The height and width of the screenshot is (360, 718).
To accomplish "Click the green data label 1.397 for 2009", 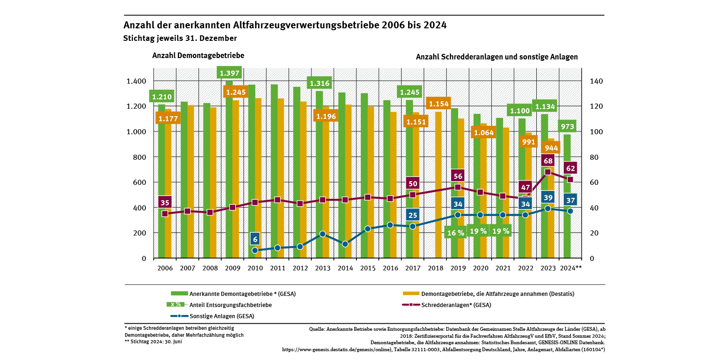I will [229, 73].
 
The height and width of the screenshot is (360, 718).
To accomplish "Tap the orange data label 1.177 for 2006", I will [169, 119].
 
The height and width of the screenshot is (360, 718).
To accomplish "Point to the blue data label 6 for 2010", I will [255, 239].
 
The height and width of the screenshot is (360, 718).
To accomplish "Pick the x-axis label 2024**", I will [571, 268].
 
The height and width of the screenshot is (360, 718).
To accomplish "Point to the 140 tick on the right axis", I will [596, 81].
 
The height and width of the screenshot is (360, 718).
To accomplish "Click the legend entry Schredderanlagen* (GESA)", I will [456, 305].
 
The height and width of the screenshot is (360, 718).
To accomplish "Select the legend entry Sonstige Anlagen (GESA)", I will [222, 316].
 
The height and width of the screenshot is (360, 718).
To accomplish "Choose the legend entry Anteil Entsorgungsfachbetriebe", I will [231, 305].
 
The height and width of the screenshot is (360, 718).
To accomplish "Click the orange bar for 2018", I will [438, 186].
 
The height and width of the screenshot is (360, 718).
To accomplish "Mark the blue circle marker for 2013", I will [323, 234].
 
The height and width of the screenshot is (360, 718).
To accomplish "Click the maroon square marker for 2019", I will [457, 187].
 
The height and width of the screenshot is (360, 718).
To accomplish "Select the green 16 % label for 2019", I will [455, 232].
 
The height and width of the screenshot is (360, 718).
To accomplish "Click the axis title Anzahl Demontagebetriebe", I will [198, 55].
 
